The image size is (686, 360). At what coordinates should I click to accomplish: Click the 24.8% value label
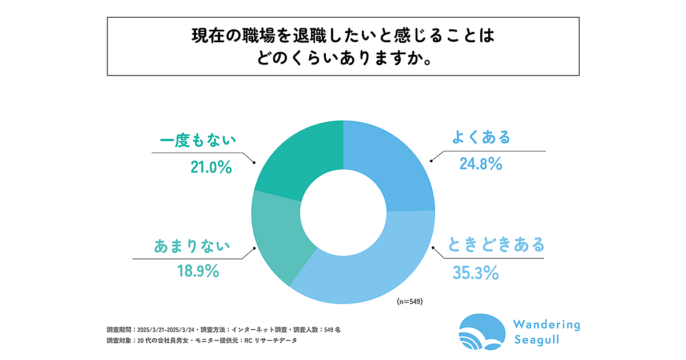481,165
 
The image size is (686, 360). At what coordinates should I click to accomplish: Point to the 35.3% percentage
476,274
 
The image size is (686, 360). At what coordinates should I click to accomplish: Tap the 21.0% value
210,167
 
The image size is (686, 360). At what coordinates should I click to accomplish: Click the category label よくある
480,138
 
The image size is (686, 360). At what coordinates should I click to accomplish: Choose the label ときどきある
496,245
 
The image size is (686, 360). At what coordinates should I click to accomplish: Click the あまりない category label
192,246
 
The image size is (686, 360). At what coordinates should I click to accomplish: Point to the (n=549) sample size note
409,301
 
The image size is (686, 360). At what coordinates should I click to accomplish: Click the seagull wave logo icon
483,332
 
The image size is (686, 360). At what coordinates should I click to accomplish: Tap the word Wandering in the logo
547,325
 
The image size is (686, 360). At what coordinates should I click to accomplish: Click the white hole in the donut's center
343,211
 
